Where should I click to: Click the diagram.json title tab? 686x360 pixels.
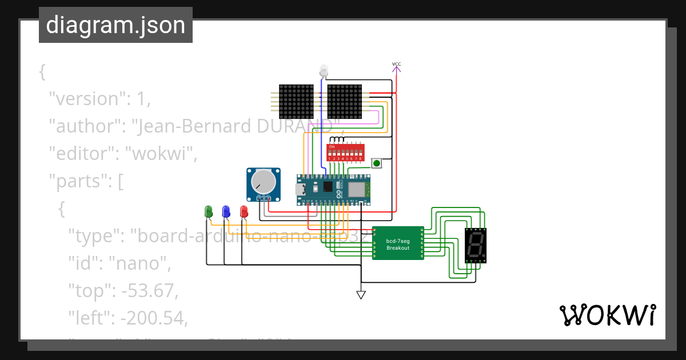[115, 25]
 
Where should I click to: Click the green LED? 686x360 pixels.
[208, 211]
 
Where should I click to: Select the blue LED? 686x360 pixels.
[226, 211]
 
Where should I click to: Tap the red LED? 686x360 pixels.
[244, 211]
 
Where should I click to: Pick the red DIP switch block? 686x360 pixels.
[345, 152]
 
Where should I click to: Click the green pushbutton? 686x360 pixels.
[377, 163]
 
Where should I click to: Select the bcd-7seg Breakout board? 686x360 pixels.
[398, 243]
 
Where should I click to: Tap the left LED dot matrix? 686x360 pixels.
[296, 102]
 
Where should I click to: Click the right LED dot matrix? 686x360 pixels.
[345, 102]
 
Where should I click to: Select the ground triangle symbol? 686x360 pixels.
[361, 295]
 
